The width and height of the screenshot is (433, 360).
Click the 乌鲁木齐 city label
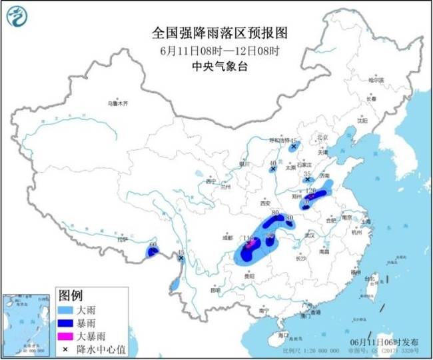(116, 103)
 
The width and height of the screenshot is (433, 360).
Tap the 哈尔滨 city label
(376, 79)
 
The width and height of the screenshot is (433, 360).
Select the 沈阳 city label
(362, 121)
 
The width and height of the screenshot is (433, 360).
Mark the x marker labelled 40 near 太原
(273, 170)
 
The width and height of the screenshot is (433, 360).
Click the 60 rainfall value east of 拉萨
(153, 245)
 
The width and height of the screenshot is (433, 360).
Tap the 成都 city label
(229, 236)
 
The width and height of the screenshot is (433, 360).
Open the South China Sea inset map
(26, 323)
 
